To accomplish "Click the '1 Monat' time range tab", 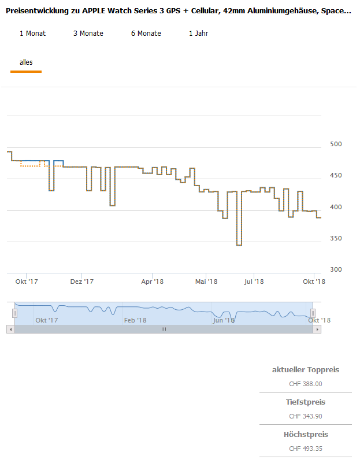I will (32, 34).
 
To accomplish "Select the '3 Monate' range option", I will (88, 34).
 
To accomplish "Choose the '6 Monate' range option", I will (146, 34).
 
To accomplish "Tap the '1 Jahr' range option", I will (198, 34).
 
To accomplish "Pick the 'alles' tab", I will (26, 62).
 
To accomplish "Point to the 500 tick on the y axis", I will (335, 145).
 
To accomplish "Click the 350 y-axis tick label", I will (335, 239).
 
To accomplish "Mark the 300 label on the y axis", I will (335, 270).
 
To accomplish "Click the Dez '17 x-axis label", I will (81, 282).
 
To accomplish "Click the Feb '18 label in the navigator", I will (135, 320).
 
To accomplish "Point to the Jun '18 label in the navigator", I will (224, 320).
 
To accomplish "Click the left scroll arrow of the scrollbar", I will (10, 329).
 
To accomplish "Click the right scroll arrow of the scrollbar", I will (317, 329).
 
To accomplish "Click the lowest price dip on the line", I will (239, 245).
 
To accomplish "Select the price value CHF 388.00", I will (305, 384).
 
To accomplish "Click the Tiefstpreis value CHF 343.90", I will (305, 416).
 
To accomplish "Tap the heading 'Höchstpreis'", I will (305, 435).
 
